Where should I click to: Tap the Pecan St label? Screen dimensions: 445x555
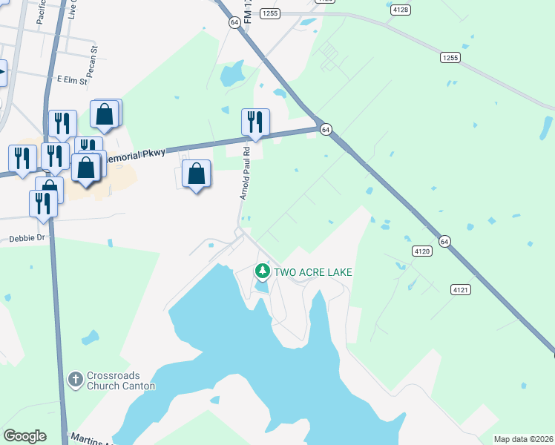(95, 57)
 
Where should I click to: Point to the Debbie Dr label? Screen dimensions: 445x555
(27, 239)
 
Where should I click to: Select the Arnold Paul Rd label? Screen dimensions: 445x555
(245, 172)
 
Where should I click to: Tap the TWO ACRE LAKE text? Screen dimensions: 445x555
(313, 272)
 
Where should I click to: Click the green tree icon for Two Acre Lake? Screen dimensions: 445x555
(262, 271)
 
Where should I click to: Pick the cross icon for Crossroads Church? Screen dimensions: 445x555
(74, 380)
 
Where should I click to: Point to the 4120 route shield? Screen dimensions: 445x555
(422, 251)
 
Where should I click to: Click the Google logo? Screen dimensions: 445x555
(24, 436)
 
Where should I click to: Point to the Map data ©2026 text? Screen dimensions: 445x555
(522, 439)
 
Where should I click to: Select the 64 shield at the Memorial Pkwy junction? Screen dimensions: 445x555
(325, 130)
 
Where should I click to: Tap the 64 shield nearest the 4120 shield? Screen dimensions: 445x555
(444, 241)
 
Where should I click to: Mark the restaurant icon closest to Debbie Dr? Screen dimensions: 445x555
(43, 202)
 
